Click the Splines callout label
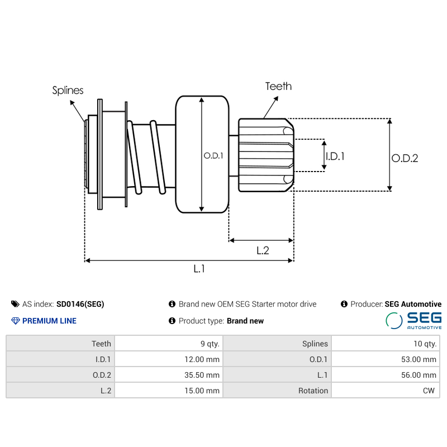click(x=68, y=90)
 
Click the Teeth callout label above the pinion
click(x=278, y=86)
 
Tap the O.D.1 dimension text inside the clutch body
click(x=213, y=156)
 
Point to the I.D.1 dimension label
click(x=335, y=156)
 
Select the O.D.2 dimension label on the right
click(x=405, y=158)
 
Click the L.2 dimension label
click(x=263, y=250)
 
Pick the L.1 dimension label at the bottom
click(x=199, y=269)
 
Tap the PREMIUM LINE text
click(x=49, y=321)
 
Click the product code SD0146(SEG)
click(x=80, y=304)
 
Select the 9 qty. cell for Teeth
click(x=206, y=344)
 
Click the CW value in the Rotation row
click(x=429, y=391)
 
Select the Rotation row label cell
click(x=313, y=391)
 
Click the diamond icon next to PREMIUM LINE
click(x=15, y=321)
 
